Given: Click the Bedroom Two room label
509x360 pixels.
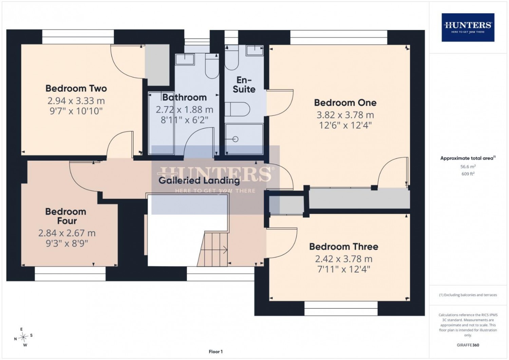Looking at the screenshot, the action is (76, 88).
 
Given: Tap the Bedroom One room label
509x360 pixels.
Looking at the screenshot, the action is (345, 103).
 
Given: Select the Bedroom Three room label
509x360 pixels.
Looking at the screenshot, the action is (343, 247).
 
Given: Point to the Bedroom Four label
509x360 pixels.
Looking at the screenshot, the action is (66, 216).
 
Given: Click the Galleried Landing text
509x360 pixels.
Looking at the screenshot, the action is (199, 181).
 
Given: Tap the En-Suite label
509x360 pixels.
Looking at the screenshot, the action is (244, 85).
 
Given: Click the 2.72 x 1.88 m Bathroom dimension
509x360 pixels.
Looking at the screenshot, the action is (185, 110).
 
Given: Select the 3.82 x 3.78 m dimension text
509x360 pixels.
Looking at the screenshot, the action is (345, 115).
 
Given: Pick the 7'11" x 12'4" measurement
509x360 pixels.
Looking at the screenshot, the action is (343, 270).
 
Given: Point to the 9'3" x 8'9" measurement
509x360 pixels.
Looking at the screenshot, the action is (67, 244).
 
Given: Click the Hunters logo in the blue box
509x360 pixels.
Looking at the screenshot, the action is (468, 28).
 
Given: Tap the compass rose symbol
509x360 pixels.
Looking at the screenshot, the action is (23, 337).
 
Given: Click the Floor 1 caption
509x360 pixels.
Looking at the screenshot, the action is (215, 352).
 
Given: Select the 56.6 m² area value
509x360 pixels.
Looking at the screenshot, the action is (468, 167).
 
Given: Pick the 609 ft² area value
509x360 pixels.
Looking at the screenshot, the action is (468, 174).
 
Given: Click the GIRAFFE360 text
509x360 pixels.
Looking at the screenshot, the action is (468, 345).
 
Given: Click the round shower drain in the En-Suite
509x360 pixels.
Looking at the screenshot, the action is (235, 139).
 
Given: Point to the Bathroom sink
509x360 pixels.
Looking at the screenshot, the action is (185, 59).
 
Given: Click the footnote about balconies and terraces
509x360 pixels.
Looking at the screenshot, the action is (468, 295).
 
